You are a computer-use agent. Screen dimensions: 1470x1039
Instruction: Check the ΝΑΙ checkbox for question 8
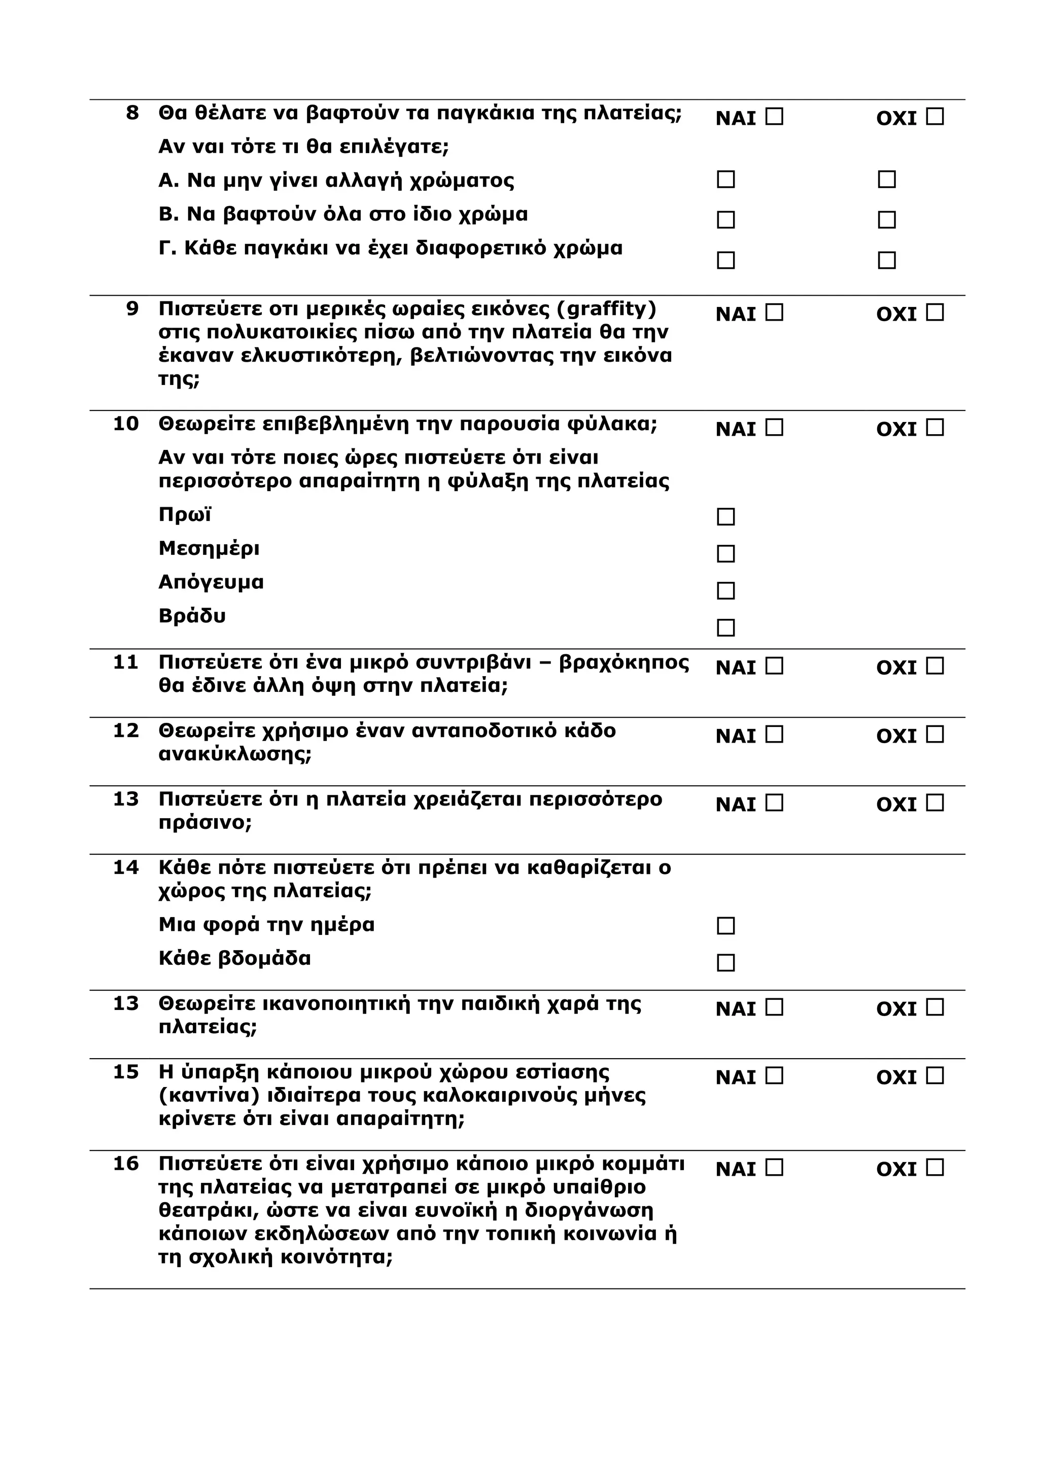[774, 117]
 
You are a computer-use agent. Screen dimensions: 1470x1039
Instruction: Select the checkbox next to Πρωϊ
[725, 517]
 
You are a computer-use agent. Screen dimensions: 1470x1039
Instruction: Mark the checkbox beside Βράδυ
[725, 627]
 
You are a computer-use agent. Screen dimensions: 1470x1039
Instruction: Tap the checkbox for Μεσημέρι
[725, 554]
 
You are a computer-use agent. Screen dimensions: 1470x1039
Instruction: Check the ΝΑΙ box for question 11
[774, 667]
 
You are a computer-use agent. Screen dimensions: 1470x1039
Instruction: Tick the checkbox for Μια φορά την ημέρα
[725, 926]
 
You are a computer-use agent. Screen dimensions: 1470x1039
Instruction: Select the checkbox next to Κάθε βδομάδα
[725, 963]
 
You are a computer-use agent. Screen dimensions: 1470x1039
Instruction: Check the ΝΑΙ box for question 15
[774, 1077]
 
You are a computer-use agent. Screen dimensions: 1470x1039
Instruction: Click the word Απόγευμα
[211, 583]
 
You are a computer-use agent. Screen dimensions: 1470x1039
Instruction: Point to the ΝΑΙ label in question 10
[736, 429]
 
